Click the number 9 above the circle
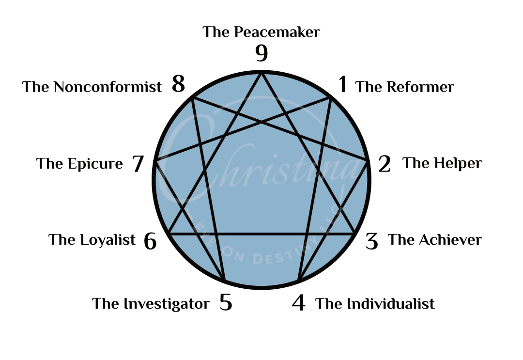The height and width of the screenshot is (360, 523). (261, 53)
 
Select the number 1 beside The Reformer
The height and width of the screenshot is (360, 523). (343, 85)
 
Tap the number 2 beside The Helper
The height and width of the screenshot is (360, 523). (385, 165)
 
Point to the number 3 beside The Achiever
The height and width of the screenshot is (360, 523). (372, 241)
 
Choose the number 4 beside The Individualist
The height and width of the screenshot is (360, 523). (299, 304)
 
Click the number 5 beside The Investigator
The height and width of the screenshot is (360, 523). (226, 303)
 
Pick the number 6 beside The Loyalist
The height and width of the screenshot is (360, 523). (150, 241)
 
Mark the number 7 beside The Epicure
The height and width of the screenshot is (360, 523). (138, 164)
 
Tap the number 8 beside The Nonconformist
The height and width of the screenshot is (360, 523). (179, 85)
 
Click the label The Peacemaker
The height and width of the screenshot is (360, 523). (261, 32)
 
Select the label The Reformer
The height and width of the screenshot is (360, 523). (405, 87)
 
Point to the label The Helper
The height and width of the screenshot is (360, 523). (442, 163)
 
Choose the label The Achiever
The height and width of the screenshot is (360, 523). (435, 240)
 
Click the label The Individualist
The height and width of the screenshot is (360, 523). (375, 304)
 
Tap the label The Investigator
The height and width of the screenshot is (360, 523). (151, 304)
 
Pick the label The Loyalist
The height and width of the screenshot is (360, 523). (92, 240)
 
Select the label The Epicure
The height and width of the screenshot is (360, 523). (80, 164)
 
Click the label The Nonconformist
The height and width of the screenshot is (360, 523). (92, 87)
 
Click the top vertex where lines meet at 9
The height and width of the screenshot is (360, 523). (261, 74)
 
